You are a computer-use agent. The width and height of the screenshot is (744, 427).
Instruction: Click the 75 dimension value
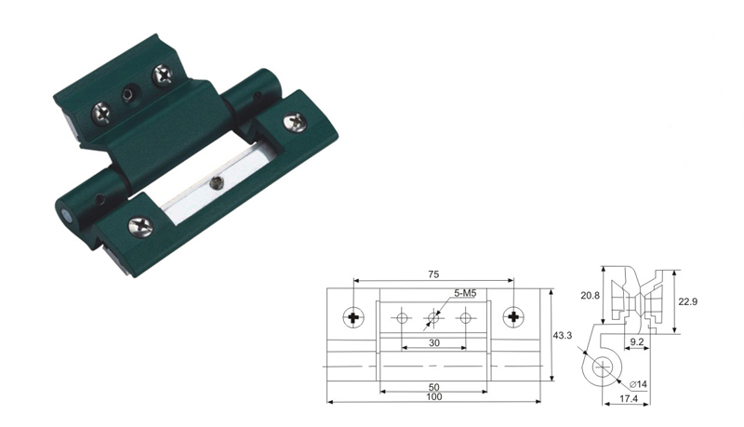pos(433,274)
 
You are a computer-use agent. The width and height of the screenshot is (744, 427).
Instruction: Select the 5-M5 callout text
pos(465,294)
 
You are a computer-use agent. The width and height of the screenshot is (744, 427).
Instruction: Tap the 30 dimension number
pos(434,342)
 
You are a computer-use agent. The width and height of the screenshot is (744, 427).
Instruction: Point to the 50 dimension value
pos(433,387)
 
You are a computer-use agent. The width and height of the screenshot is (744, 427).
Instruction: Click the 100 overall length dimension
pos(434,396)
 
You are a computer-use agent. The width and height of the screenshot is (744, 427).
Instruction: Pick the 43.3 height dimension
pos(563,336)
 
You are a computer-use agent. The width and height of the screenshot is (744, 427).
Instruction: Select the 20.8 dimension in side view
pos(590,296)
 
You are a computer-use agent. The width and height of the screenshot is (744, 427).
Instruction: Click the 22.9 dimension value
pos(687,301)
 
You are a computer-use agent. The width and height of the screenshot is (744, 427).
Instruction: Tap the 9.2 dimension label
pos(637,341)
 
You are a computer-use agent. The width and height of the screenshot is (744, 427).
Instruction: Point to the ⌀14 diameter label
pos(638,384)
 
